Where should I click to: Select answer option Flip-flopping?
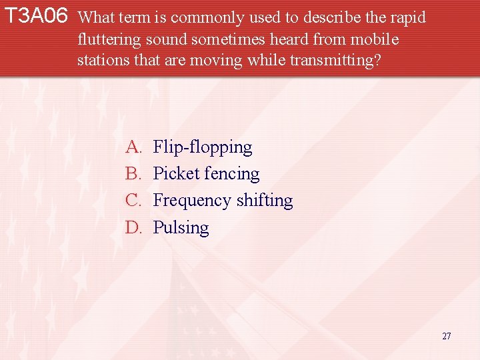coord(203,147)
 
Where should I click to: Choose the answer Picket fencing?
coord(206,173)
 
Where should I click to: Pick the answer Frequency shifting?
coord(223,200)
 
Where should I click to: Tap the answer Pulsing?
coord(181,227)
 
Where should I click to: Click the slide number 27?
coord(446,336)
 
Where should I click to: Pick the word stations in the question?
coord(101,60)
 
